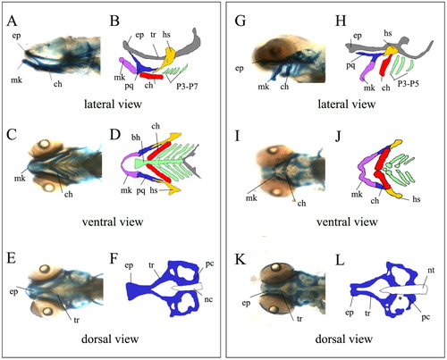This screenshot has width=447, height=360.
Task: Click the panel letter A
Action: pyautogui.click(x=12, y=21)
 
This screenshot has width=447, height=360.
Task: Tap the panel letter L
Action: pyautogui.click(x=340, y=260)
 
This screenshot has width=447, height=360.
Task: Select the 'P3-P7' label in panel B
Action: pyautogui.click(x=187, y=87)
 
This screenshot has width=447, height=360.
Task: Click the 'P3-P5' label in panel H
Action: pyautogui.click(x=409, y=83)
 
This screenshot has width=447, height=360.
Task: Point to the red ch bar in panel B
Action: pyautogui.click(x=151, y=76)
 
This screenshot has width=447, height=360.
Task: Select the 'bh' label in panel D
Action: pyautogui.click(x=136, y=138)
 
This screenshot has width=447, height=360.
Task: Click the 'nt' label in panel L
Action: pyautogui.click(x=431, y=271)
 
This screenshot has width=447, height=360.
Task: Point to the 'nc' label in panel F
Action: pyautogui.click(x=208, y=299)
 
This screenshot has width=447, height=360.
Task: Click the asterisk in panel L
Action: pyautogui.click(x=401, y=297)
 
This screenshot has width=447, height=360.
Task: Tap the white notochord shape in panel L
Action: pyautogui.click(x=404, y=289)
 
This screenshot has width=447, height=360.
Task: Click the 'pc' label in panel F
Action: pyautogui.click(x=209, y=264)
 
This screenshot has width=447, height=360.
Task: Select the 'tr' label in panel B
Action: pyautogui.click(x=153, y=35)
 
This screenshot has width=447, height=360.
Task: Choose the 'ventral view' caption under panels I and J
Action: pyautogui.click(x=347, y=222)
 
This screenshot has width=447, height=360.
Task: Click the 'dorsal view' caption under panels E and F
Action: pyautogui.click(x=110, y=339)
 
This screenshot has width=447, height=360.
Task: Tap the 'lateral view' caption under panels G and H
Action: pyautogui.click(x=347, y=105)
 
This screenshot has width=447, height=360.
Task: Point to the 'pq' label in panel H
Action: pyautogui.click(x=350, y=65)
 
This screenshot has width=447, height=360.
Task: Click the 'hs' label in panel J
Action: pyautogui.click(x=417, y=198)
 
